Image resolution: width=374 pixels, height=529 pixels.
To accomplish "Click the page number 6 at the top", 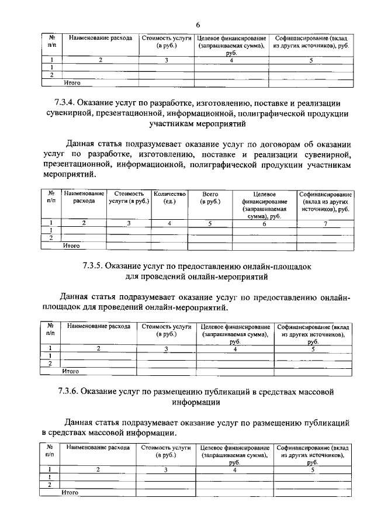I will (x=198, y=25).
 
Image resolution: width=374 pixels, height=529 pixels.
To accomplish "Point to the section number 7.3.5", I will (x=95, y=266).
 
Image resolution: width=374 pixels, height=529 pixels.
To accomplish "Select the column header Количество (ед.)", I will (x=169, y=198).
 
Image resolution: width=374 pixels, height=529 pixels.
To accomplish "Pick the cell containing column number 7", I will (x=325, y=223).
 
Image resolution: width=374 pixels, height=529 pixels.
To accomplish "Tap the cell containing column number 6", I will (x=264, y=223).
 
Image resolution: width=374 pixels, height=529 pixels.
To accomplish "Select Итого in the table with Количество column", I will (x=71, y=246).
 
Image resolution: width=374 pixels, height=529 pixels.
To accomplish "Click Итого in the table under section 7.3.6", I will (x=70, y=493).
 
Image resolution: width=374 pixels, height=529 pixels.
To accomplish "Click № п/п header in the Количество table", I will (x=51, y=197).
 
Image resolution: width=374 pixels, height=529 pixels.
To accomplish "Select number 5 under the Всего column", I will (x=210, y=223).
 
